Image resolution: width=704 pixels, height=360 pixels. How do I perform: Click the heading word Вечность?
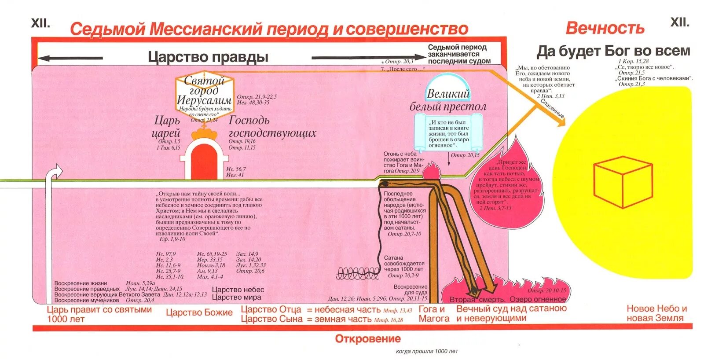coord(605,28)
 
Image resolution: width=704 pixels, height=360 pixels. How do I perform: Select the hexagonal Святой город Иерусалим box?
coord(204,98)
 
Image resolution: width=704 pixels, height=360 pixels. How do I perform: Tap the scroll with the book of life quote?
coord(448,133)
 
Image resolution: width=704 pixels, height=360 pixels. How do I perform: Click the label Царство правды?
coord(208,57)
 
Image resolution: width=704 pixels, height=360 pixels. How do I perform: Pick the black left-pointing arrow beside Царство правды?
coord(70,58)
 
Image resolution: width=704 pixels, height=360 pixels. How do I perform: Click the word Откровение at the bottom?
coord(367,339)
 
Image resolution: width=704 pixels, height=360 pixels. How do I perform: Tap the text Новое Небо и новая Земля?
coord(656,313)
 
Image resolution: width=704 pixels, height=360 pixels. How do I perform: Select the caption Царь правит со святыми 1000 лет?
coord(99,314)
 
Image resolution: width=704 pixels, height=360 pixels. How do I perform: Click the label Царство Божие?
coord(199,313)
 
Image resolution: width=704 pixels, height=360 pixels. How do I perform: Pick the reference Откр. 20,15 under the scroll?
coord(465,155)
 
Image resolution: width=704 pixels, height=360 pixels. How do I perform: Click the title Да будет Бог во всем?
coord(613,51)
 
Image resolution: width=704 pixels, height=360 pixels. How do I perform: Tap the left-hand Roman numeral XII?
coord(40,23)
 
